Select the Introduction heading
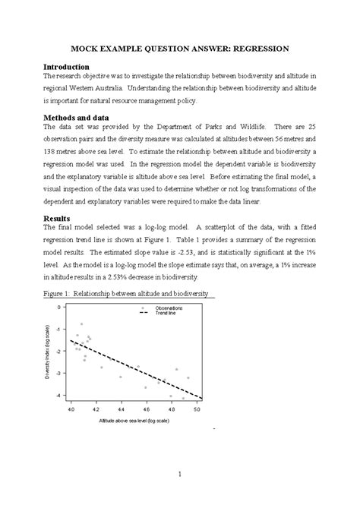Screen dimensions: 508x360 coord(71,67)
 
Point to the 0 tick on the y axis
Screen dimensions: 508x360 coord(61,308)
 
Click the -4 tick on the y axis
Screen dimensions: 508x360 coord(60,396)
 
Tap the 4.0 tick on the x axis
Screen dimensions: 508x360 coord(71,409)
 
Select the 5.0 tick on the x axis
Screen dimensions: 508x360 coord(197,409)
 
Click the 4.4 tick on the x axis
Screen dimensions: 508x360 coord(121,409)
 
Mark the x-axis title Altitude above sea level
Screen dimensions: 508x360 coord(133,420)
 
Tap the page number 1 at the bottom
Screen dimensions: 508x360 coord(178,475)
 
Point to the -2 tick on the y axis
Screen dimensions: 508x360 coord(60,352)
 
